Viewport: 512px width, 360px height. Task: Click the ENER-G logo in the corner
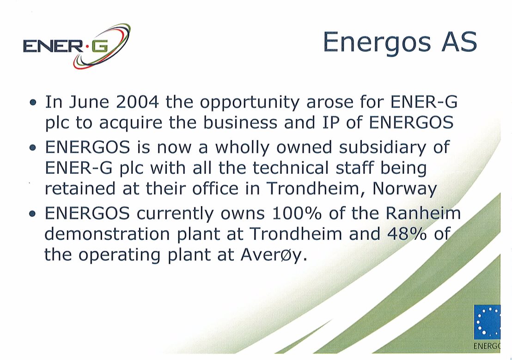(x=77, y=46)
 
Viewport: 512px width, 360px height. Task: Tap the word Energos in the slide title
(x=377, y=43)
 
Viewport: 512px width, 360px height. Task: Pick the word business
(x=240, y=122)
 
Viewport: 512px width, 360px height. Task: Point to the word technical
(x=290, y=168)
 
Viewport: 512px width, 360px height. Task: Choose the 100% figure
(x=297, y=214)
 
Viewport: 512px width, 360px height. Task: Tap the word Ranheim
(x=423, y=214)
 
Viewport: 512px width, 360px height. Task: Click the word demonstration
(x=107, y=234)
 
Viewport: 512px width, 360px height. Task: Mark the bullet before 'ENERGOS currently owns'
(x=32, y=214)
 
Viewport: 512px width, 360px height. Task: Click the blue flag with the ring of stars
(x=487, y=322)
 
